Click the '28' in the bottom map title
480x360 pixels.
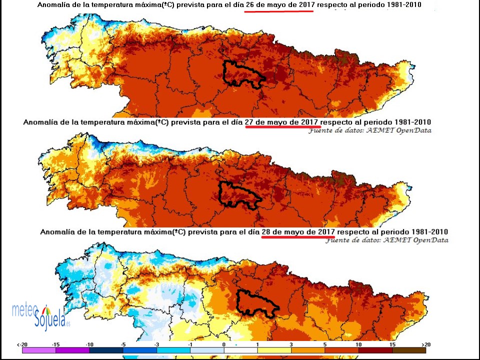[x=267, y=232]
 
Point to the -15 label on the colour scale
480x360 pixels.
[x=56, y=344]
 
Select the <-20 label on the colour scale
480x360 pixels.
[x=21, y=344]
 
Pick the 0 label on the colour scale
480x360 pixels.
[x=223, y=344]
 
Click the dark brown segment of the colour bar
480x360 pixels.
[x=409, y=351]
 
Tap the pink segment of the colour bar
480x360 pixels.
[x=39, y=351]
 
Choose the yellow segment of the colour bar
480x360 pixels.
[x=274, y=351]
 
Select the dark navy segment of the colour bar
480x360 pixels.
[x=106, y=351]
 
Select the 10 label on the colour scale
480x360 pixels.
[x=358, y=344]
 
